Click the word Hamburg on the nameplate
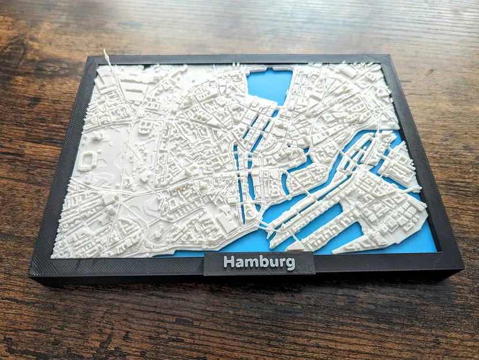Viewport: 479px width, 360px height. pos(259,263)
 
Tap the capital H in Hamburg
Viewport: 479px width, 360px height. pos(229,262)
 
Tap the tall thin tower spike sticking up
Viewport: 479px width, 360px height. pos(107,57)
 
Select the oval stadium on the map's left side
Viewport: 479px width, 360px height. pos(88,161)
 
